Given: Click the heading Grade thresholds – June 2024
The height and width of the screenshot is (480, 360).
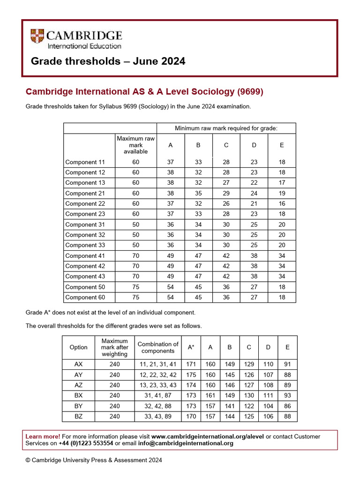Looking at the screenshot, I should pos(108,61).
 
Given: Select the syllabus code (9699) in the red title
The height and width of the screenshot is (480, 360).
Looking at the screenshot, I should pos(250,92).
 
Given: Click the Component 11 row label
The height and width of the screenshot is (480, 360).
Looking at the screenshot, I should pos(85,162).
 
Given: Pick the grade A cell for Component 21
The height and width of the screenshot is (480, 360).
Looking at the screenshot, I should pos(170,193).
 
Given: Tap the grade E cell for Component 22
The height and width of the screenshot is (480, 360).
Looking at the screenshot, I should pos(282,203).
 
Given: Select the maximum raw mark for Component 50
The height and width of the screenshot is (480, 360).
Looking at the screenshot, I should pos(135,287).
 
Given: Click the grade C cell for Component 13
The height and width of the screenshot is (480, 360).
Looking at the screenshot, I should pos(226,183).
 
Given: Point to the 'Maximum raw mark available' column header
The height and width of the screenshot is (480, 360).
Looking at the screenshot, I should pos(135,145).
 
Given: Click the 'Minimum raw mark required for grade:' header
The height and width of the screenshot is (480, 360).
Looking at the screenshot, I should pos(226,128).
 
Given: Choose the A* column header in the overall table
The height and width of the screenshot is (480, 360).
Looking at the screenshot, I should pos(191,347).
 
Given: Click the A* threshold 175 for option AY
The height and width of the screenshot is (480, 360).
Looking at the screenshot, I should pos(191,375).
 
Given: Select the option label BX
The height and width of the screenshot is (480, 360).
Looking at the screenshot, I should pos(78,396).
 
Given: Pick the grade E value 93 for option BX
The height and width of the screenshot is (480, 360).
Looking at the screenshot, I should pos(287,396).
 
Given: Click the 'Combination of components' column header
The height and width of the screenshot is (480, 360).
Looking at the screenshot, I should pos(158,347).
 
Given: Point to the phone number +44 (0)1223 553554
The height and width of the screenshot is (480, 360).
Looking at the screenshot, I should pos(86,443).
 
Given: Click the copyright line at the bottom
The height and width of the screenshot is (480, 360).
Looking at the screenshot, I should pos(94,460).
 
